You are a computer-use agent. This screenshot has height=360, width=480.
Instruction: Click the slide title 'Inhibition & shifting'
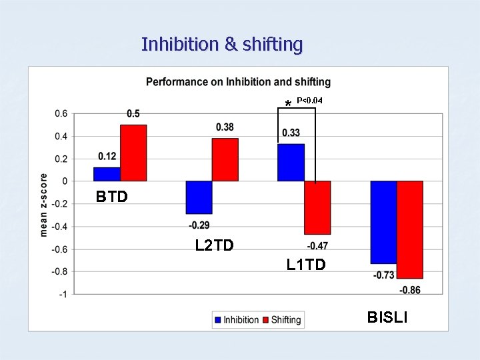coord(222,45)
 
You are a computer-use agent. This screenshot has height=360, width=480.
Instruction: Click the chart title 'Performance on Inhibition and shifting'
coord(238,82)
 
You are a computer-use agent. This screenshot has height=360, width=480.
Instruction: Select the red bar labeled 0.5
coord(133,153)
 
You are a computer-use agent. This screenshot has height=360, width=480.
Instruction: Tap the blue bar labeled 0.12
coord(107,174)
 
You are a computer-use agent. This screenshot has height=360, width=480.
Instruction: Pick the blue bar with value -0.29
coord(199,197)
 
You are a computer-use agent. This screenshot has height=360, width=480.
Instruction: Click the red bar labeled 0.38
coord(225,159)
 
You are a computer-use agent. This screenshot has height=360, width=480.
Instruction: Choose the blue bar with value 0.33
coord(291,163)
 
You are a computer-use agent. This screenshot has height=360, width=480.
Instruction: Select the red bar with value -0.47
coord(317,207)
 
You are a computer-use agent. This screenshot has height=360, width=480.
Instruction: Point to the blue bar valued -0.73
coord(383,222)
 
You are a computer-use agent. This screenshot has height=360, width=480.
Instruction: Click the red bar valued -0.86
coord(410,229)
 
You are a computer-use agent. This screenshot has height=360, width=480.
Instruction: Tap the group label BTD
coord(111,197)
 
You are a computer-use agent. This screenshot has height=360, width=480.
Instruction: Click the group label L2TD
coord(214,246)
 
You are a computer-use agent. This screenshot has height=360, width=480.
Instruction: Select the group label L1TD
coord(306,265)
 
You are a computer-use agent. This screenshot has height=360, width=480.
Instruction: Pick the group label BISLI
coord(387,317)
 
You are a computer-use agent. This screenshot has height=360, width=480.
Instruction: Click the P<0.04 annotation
coord(309,101)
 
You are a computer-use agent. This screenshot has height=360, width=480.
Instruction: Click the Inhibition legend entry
coord(236,320)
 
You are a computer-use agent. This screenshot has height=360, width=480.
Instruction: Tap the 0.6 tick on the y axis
coord(61,114)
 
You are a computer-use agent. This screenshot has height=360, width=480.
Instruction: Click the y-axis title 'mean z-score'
coord(44,205)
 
